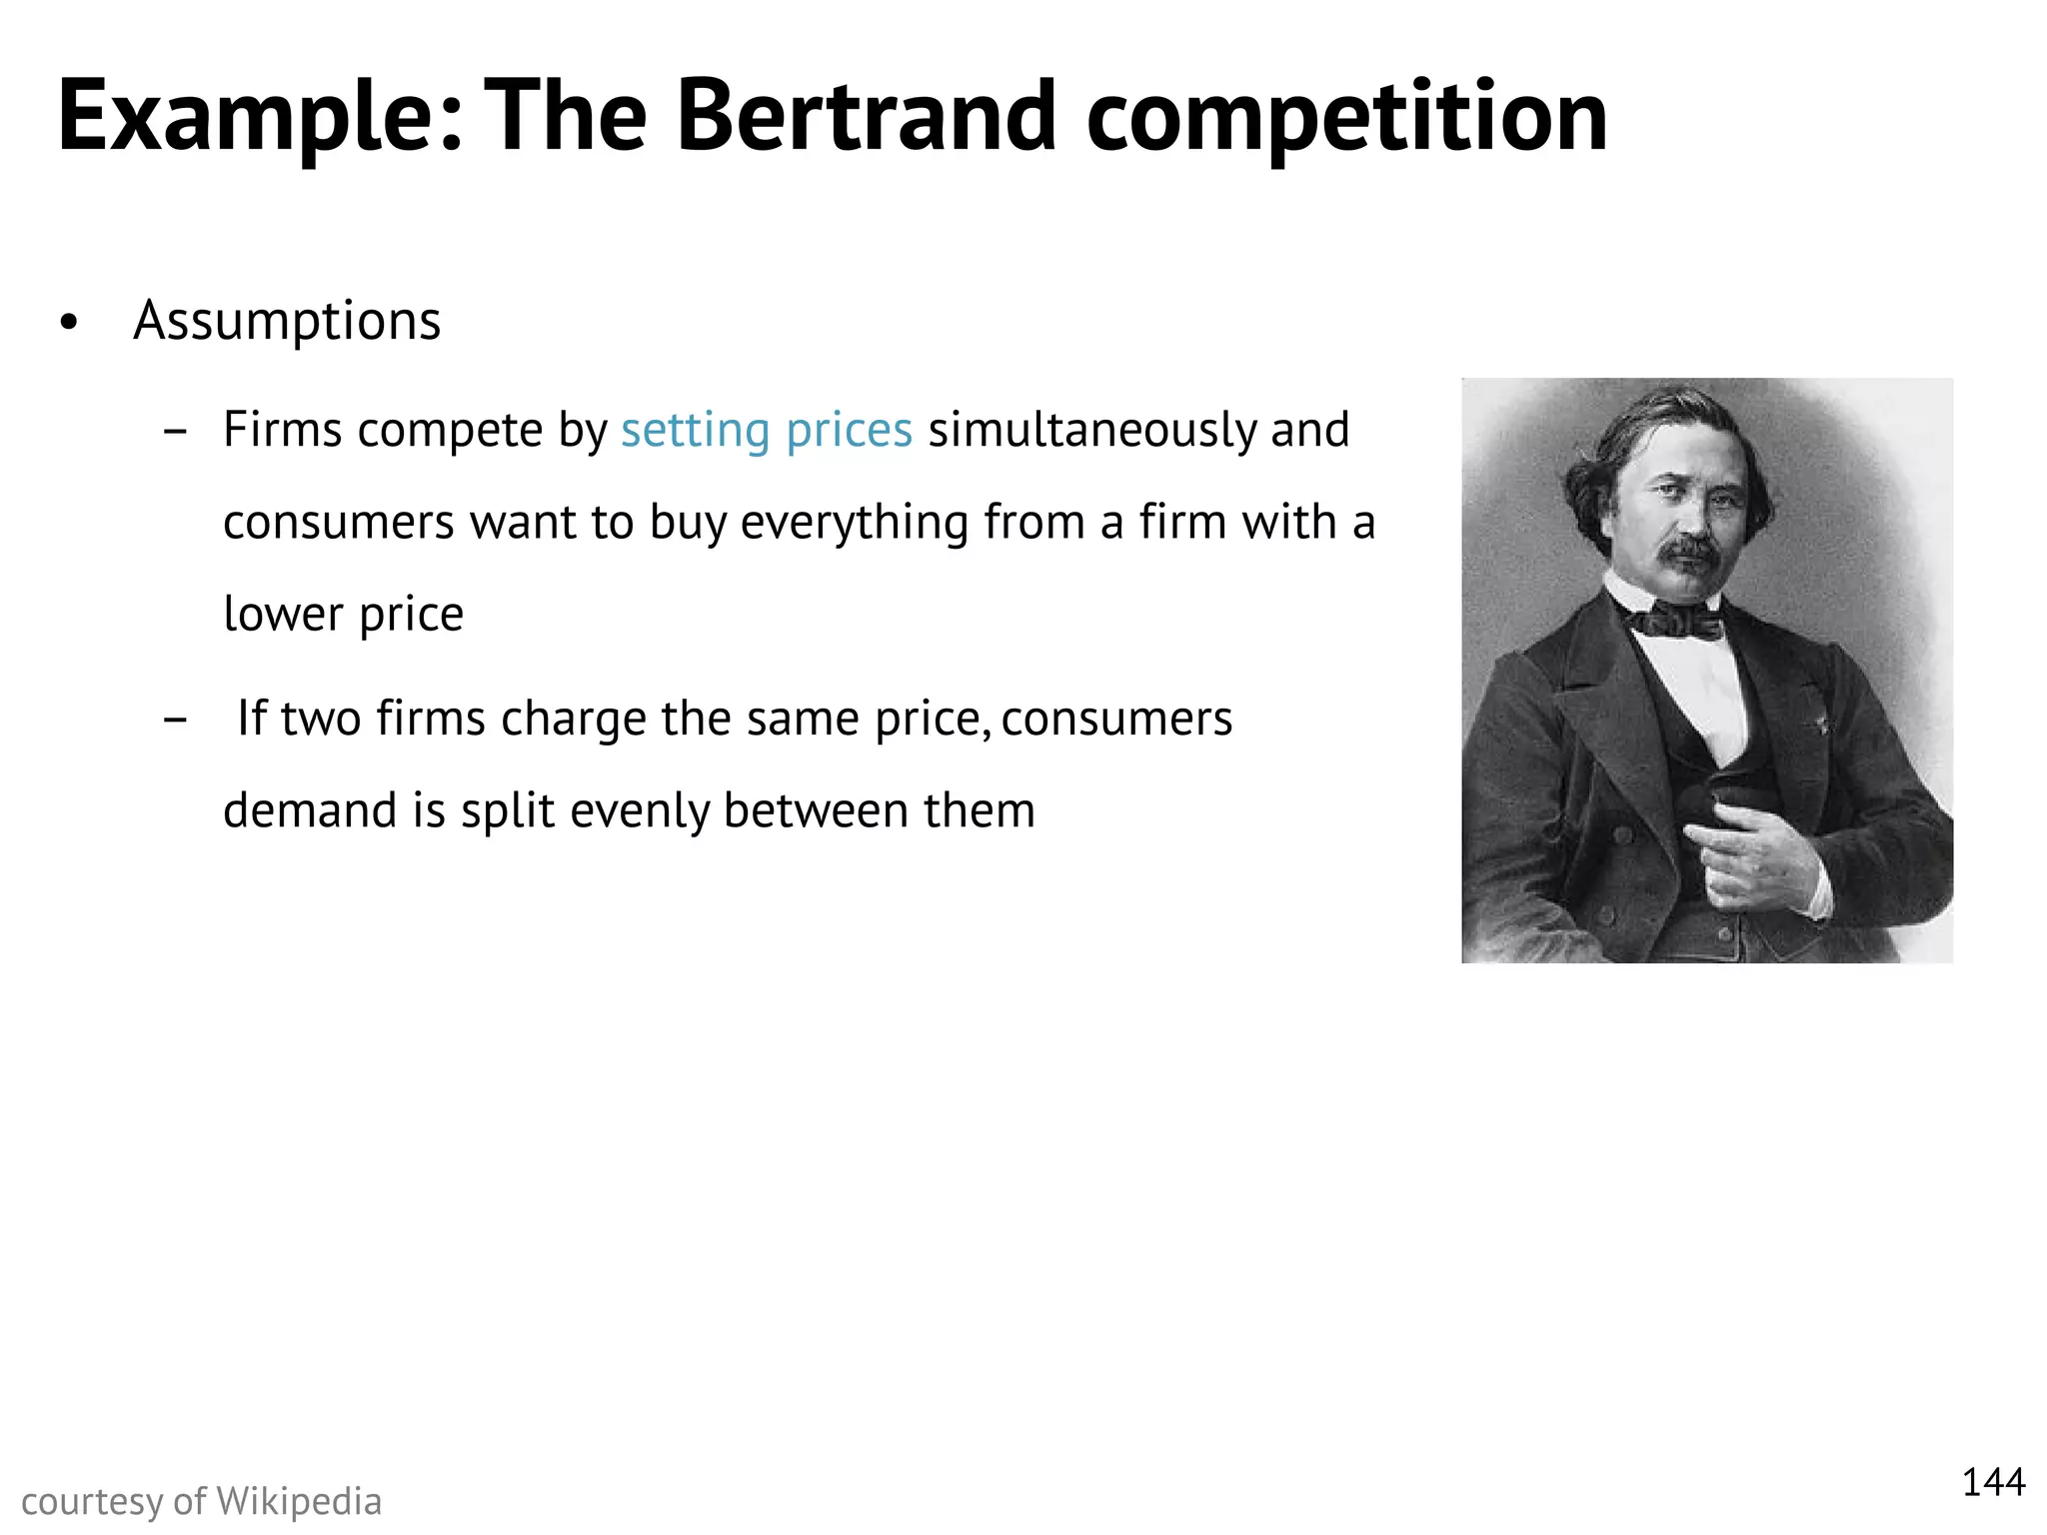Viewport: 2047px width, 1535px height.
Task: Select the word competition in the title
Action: (x=1346, y=118)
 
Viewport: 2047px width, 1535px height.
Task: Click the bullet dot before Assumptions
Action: (x=68, y=323)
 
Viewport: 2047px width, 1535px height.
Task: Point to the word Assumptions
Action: (x=287, y=322)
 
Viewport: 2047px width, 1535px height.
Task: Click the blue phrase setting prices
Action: (x=766, y=431)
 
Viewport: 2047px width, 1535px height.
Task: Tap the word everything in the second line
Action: (x=855, y=523)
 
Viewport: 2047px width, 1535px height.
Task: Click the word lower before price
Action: (x=283, y=614)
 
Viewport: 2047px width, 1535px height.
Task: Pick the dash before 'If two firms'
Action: (x=175, y=719)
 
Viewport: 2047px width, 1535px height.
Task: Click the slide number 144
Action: (x=1993, y=1482)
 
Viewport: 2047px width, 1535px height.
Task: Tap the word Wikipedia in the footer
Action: (x=299, y=1502)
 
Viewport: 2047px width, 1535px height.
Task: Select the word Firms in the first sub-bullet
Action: (x=283, y=431)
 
